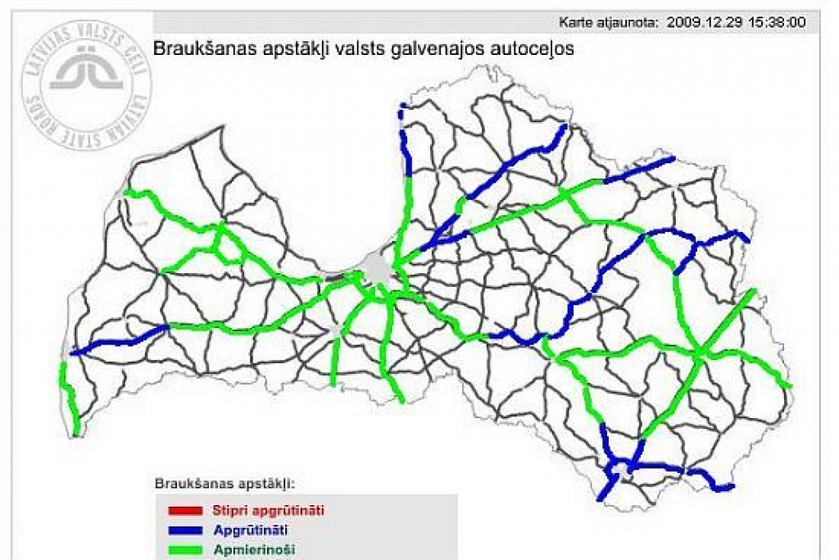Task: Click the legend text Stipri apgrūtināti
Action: coord(268,510)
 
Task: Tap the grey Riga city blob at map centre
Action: coord(377,266)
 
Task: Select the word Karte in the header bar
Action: coord(576,22)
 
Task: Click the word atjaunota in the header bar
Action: coord(628,22)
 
